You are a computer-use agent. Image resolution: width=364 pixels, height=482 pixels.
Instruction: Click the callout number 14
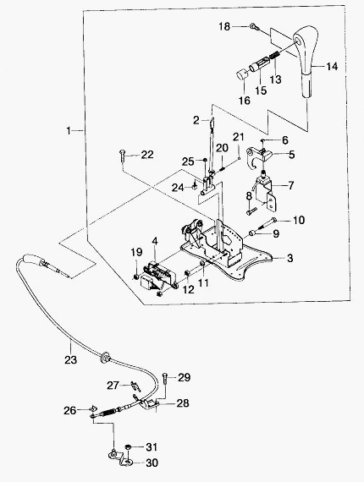tap(332, 67)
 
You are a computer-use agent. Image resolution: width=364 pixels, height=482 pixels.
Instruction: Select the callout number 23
tap(70, 360)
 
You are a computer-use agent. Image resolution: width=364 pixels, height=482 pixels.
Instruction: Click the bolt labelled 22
tap(122, 157)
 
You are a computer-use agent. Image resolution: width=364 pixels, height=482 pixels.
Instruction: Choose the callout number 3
tap(290, 259)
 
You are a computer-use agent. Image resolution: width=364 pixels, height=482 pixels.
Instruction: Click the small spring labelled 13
tap(274, 57)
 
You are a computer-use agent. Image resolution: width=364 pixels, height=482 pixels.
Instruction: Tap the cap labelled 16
tap(242, 74)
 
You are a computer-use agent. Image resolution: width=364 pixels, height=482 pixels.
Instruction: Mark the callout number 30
tap(152, 463)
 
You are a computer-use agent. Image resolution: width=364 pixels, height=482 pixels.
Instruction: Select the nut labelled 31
tap(128, 447)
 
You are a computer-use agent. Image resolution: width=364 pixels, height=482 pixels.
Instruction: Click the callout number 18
tap(224, 27)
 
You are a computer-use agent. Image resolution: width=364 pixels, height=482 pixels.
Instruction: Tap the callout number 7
tap(290, 186)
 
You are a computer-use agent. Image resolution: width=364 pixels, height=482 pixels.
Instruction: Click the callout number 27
tap(113, 386)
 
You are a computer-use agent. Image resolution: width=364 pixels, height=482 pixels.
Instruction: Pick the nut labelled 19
tap(135, 277)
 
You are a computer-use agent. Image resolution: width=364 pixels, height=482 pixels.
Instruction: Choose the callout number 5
tap(290, 155)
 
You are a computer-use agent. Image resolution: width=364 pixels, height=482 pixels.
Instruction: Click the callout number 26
tap(70, 410)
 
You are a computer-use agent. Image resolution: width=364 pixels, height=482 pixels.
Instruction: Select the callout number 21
tap(238, 137)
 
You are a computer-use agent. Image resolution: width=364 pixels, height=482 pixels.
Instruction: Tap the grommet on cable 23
tap(105, 357)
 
